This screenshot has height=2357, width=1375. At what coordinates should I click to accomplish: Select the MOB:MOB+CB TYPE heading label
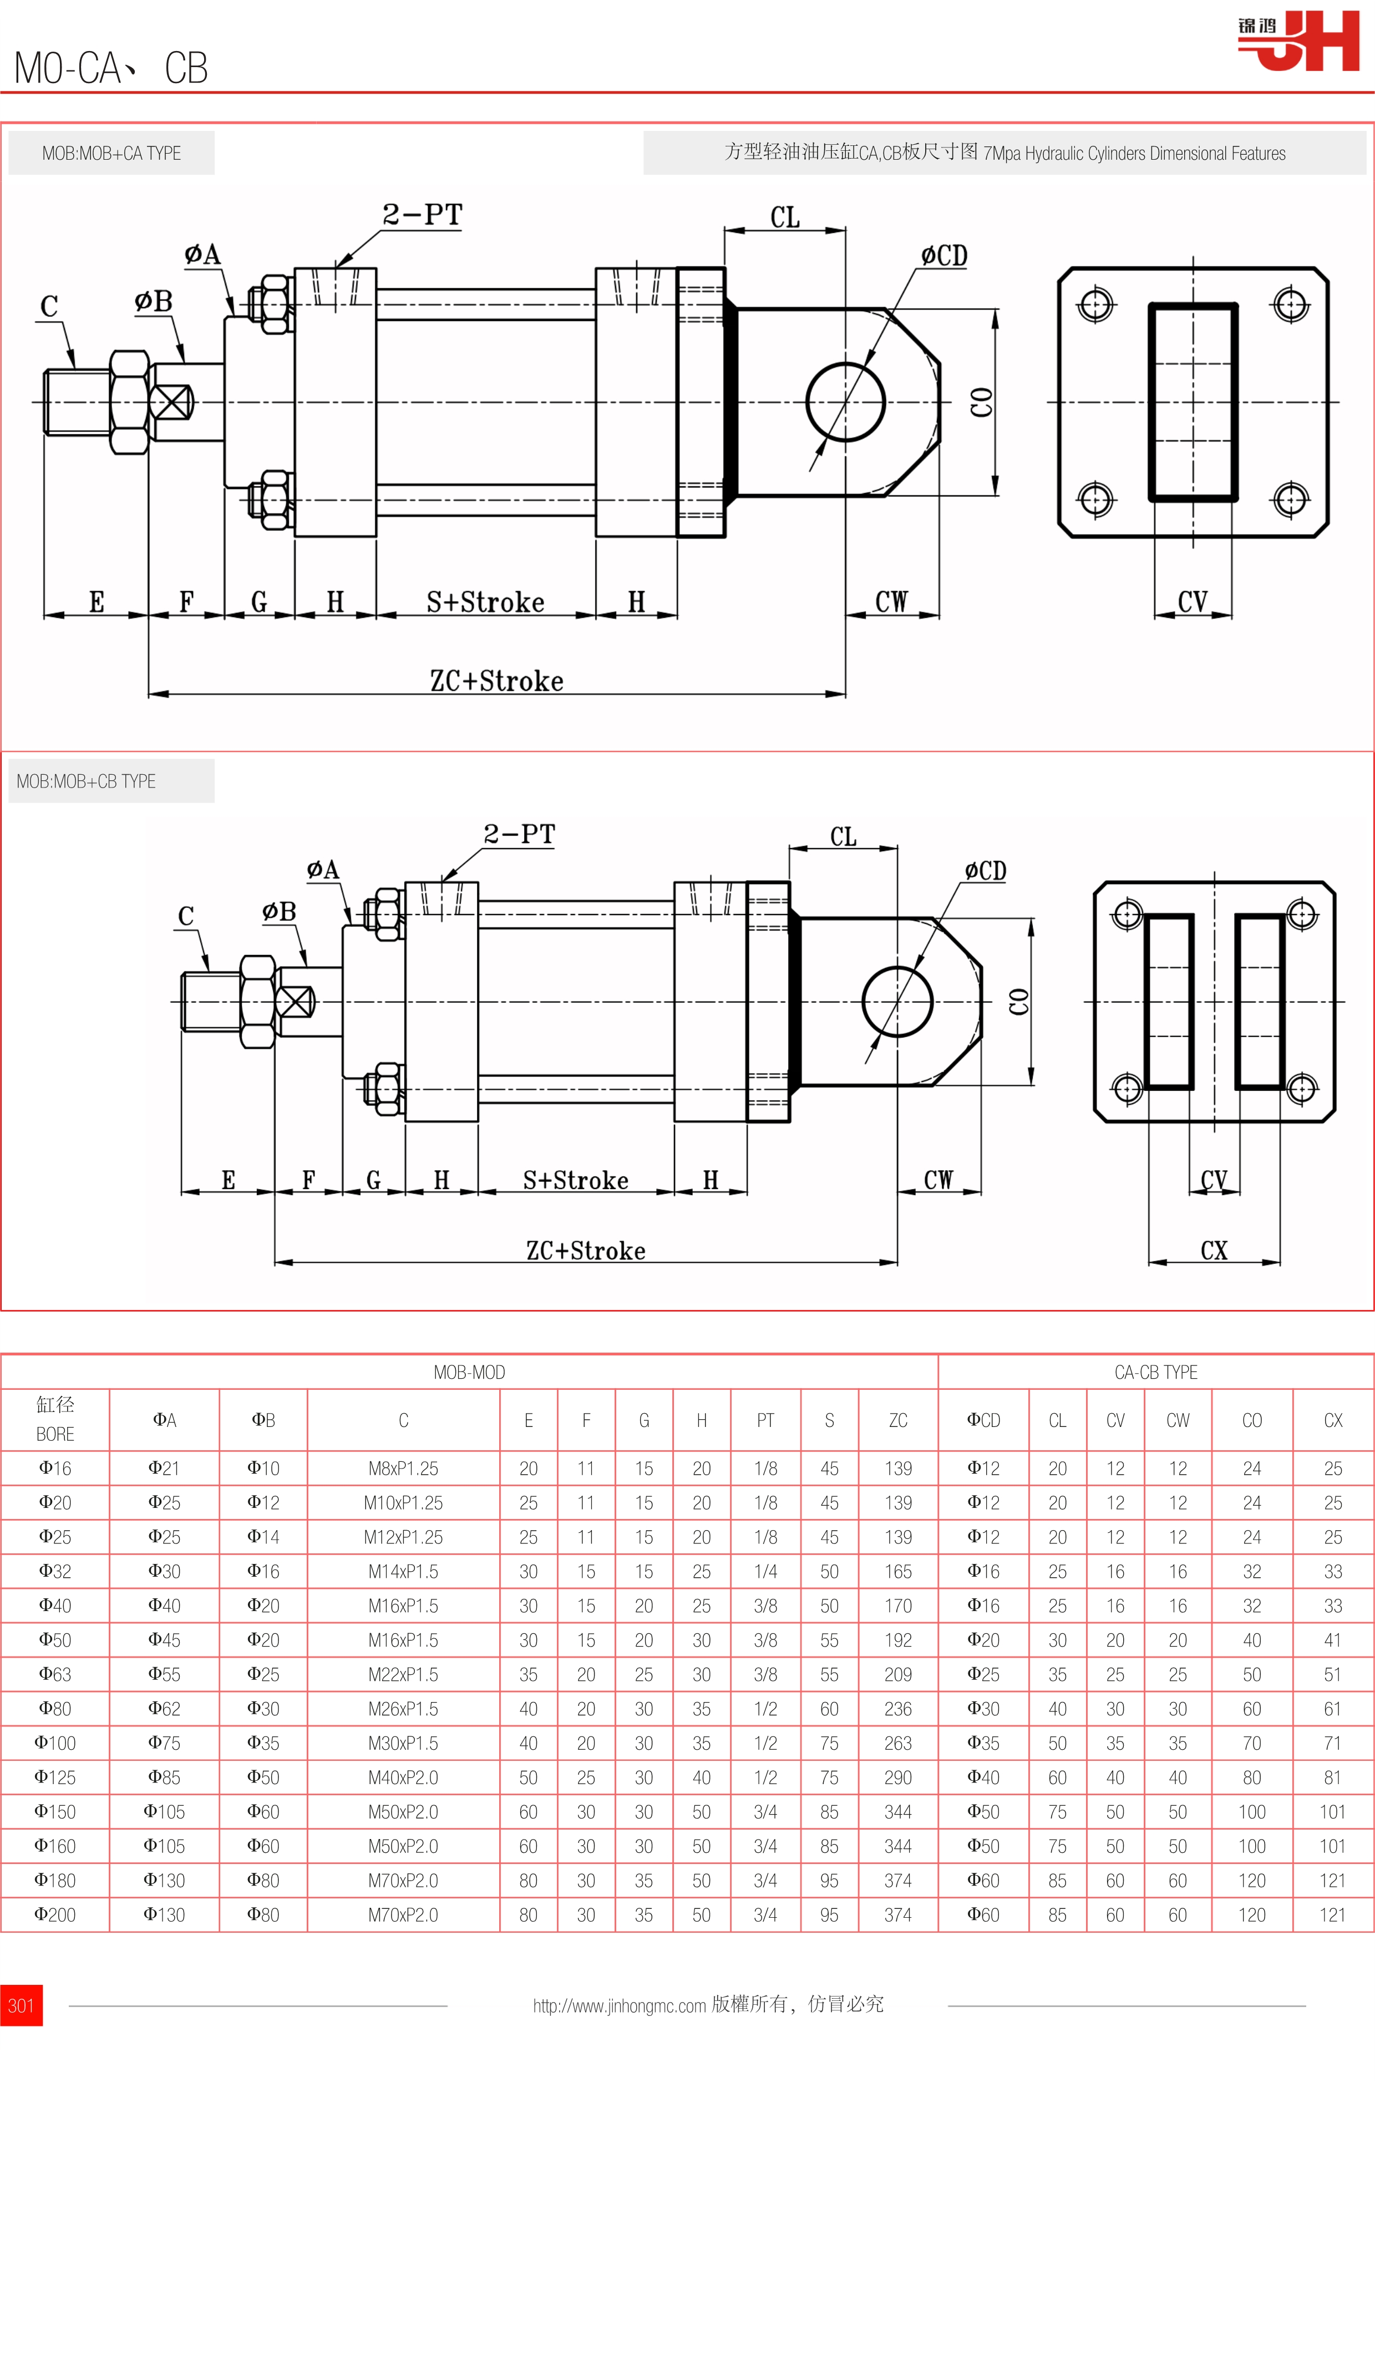[x=86, y=781]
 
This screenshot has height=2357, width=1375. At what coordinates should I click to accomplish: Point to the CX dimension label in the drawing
[x=1213, y=1251]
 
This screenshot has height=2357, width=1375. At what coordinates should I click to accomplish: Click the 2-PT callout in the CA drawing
[x=422, y=215]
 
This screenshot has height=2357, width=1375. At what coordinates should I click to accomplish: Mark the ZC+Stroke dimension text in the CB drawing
[x=586, y=1251]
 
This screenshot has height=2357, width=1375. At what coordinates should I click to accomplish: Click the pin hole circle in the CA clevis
[x=845, y=402]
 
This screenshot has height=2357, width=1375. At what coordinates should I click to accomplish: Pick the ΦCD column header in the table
[x=983, y=1420]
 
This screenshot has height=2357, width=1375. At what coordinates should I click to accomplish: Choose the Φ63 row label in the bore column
[x=55, y=1674]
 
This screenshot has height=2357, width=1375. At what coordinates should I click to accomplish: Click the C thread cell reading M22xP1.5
[x=403, y=1674]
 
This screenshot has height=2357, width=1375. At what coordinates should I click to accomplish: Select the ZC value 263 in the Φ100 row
[x=898, y=1743]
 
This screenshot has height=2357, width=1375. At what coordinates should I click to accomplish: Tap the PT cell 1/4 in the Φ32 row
[x=765, y=1571]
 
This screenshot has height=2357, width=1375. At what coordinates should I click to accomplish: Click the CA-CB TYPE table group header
[x=1155, y=1372]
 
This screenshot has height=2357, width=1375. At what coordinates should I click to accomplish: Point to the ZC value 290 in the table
[x=898, y=1777]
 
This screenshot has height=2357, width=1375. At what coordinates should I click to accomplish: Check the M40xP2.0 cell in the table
[x=403, y=1777]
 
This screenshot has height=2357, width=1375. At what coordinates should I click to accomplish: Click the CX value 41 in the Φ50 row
[x=1332, y=1639]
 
